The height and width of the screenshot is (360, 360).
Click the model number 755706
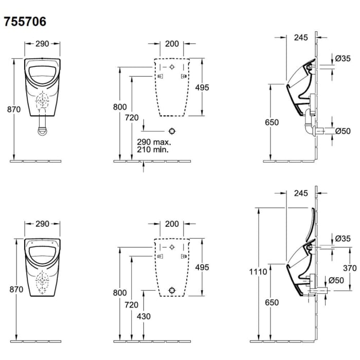tap(25, 22)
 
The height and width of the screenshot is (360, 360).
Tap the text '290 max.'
tap(153, 141)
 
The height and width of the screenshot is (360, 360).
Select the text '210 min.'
tap(153, 150)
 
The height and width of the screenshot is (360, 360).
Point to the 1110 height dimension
tap(258, 272)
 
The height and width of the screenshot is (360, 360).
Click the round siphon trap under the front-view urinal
tap(43, 129)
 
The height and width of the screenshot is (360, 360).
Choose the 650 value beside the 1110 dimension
tap(272, 302)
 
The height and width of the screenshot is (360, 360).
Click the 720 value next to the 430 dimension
tap(132, 305)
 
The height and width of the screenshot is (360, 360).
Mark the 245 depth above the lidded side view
tap(301, 193)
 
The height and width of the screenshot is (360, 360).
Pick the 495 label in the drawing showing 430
tap(202, 267)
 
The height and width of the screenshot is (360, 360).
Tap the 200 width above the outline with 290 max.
tap(172, 44)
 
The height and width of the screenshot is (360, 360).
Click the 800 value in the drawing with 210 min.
tap(119, 106)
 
